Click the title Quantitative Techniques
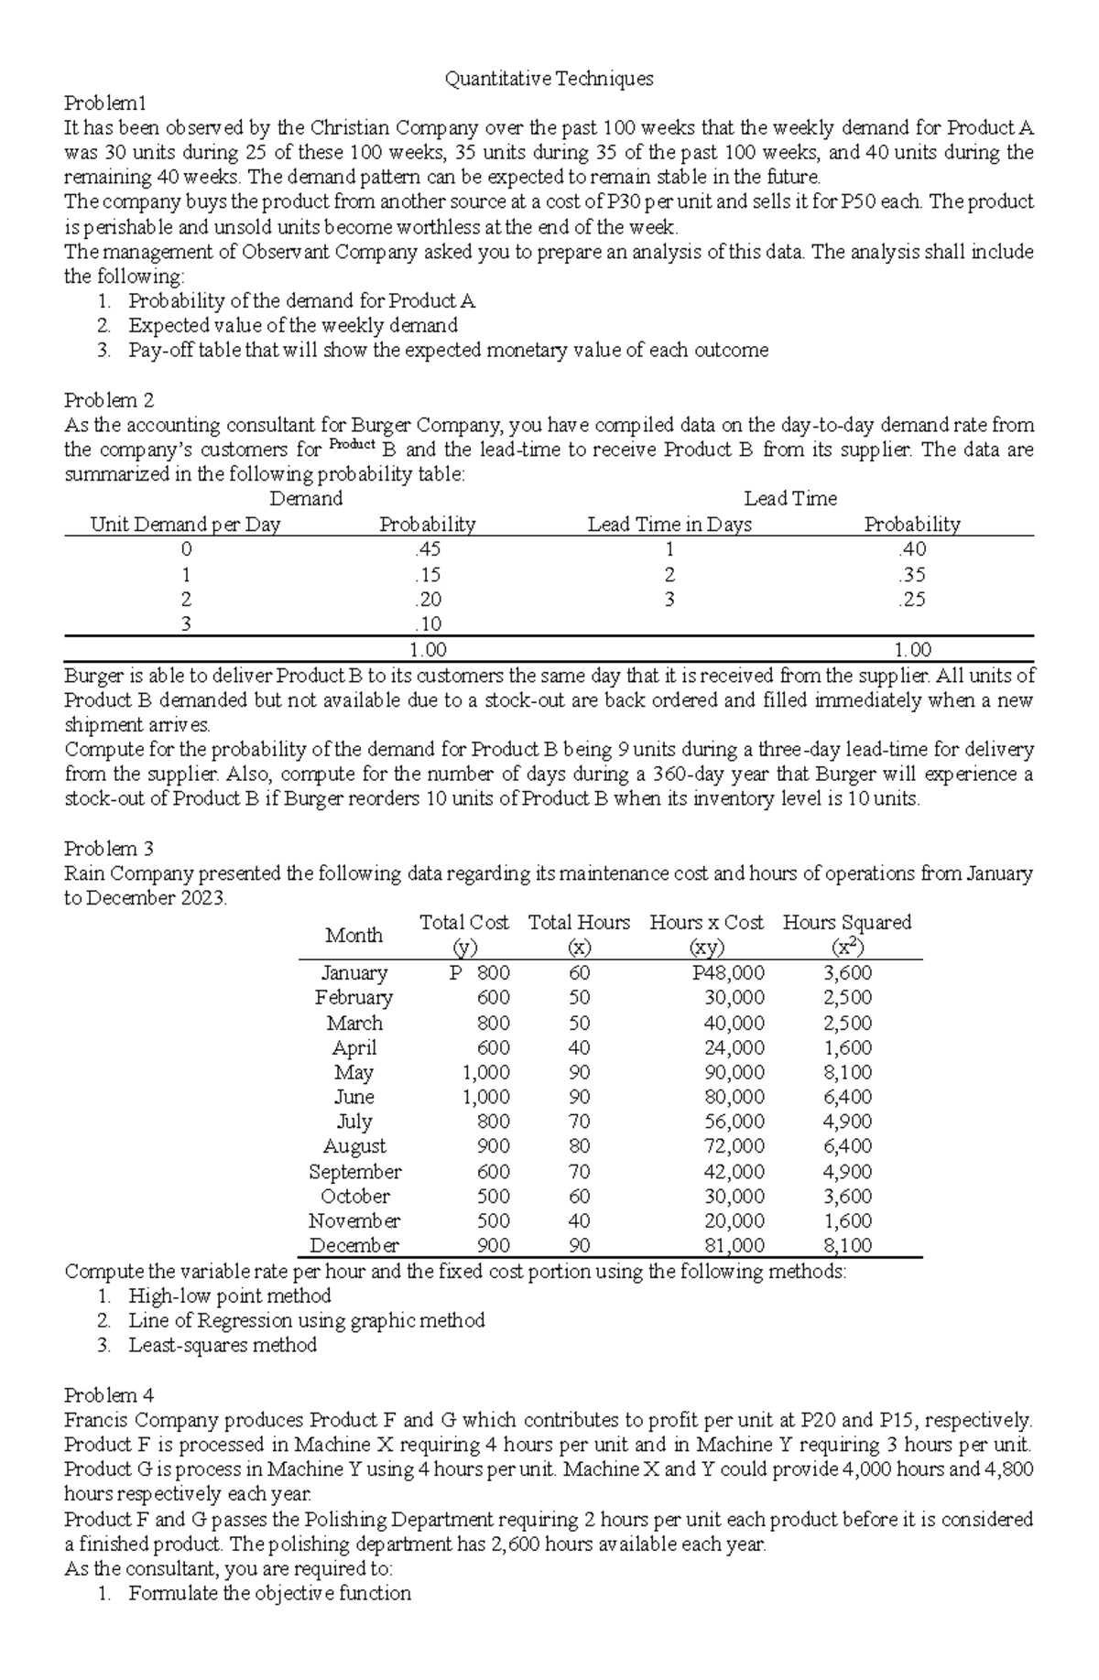coord(549,79)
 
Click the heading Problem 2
coord(109,400)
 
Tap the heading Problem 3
coord(109,849)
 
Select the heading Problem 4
coord(109,1395)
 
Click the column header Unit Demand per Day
coord(185,525)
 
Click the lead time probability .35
coord(911,575)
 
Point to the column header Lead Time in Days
coord(669,525)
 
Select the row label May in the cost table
coord(354,1072)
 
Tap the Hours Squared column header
coord(847,923)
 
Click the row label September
coord(354,1172)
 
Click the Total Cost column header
coord(464,923)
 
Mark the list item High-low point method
coord(229,1295)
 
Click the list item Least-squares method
coord(223,1345)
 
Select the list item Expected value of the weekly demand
coord(293,325)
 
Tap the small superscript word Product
coord(353,445)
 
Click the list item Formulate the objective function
coord(269,1593)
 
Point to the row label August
coord(354,1146)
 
